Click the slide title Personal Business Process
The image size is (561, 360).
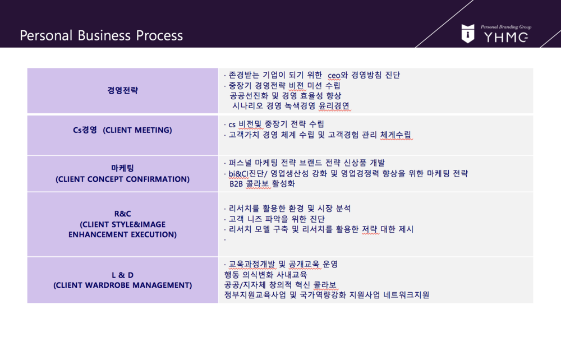pos(101,36)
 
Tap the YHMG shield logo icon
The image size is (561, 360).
pos(468,34)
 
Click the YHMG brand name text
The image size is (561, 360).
pos(506,37)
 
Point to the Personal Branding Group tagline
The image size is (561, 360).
pos(506,27)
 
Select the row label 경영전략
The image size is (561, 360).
pos(122,90)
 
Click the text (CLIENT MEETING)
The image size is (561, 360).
pos(137,130)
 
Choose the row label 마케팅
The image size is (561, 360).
pos(122,168)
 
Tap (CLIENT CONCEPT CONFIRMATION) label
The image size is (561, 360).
pos(122,179)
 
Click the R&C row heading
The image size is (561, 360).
pos(122,214)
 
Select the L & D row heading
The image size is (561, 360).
pos(122,275)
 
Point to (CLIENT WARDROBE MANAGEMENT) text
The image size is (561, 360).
pos(122,285)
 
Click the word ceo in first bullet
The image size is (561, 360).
pos(334,76)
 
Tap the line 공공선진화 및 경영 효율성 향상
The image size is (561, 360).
pos(286,95)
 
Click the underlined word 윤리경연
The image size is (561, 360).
pos(334,106)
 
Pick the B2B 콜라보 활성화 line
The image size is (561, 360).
pos(262,184)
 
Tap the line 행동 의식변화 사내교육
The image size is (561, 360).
pos(265,275)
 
